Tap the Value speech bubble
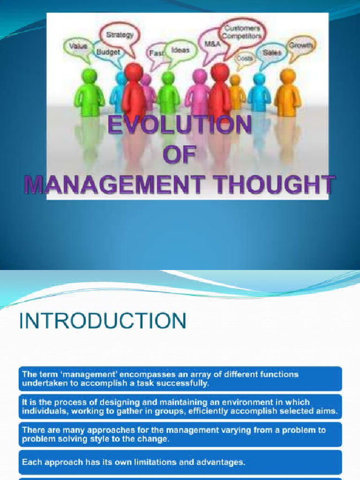(77, 46)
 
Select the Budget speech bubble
(108, 52)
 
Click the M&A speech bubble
(210, 44)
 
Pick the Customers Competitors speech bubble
(241, 32)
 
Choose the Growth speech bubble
(301, 46)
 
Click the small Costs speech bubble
(244, 59)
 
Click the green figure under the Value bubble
(89, 93)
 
